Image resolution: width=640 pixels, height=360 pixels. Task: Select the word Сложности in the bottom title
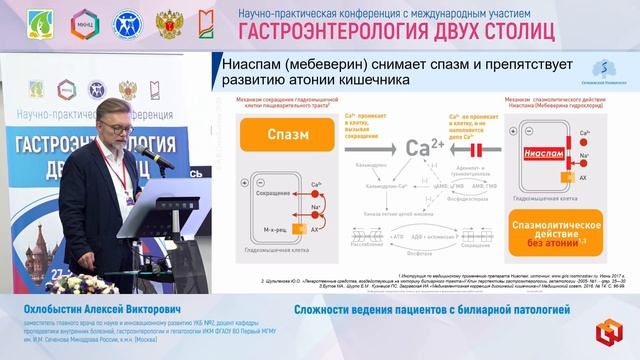coord(329,311)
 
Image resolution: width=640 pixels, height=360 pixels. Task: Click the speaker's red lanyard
coord(122,170)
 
